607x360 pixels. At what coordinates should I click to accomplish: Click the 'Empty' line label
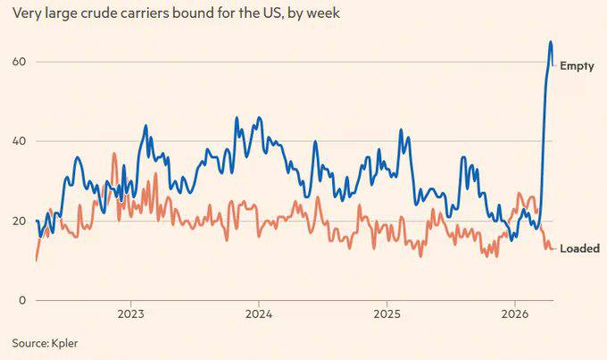[x=577, y=66]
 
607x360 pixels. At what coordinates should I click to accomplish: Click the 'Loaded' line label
[x=579, y=248]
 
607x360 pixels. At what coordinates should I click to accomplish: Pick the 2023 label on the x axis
[x=130, y=314]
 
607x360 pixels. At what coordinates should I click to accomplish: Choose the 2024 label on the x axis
[x=259, y=314]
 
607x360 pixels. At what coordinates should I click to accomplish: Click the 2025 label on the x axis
[x=387, y=314]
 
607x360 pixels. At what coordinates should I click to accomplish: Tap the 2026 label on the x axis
[x=514, y=314]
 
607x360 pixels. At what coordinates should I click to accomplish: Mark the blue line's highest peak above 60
[x=551, y=42]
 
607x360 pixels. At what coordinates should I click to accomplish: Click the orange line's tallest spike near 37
[x=114, y=154]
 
